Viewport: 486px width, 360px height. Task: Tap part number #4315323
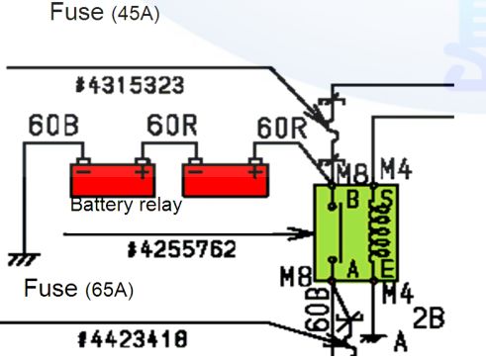(x=129, y=86)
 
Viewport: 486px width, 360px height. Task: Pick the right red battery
(x=226, y=180)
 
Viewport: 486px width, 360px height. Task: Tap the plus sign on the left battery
(x=145, y=169)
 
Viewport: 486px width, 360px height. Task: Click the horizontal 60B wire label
(x=49, y=127)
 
